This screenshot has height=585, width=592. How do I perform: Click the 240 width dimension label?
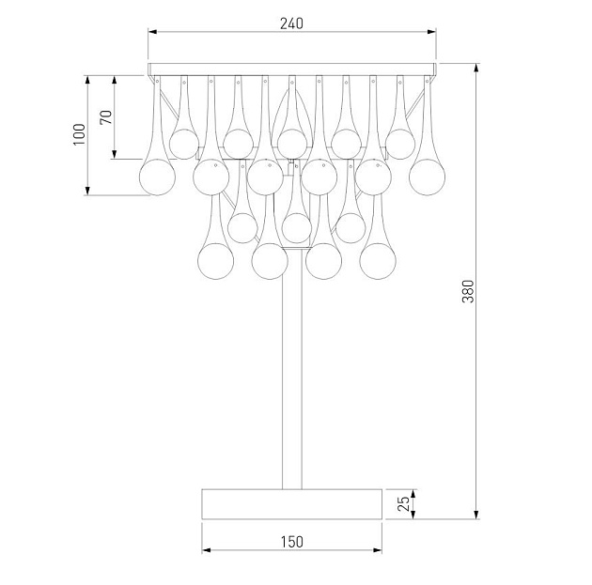coord(292,23)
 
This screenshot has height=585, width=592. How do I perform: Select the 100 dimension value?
coord(79,135)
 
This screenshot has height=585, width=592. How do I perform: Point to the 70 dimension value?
coord(106,117)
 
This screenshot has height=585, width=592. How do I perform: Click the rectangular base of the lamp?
coord(292,503)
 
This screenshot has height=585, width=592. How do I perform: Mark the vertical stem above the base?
coord(292,376)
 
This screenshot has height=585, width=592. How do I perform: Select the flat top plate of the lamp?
coord(292,69)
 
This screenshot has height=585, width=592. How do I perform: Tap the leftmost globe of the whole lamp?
coord(157,177)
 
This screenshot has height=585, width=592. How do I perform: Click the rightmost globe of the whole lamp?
coord(428,175)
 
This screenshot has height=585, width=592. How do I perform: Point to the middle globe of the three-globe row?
coord(297,227)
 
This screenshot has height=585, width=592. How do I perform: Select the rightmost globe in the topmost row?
coord(400,143)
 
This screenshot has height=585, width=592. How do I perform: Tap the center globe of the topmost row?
coord(292,143)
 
